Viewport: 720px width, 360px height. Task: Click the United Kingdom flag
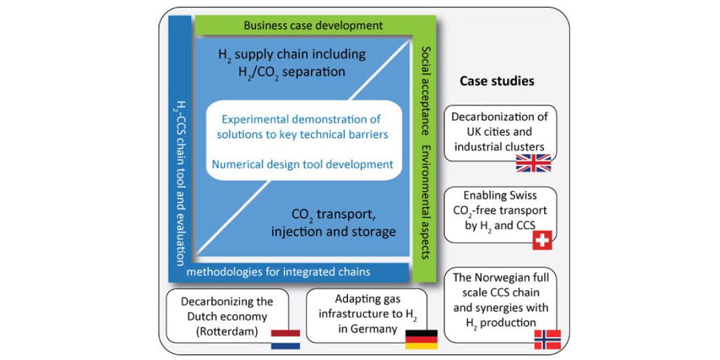pyautogui.click(x=533, y=163)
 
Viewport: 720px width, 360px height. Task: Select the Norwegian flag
pyautogui.click(x=547, y=339)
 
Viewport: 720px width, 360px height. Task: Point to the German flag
pyautogui.click(x=421, y=339)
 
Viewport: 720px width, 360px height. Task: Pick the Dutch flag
pyautogui.click(x=285, y=339)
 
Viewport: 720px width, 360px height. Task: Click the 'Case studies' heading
pyautogui.click(x=497, y=81)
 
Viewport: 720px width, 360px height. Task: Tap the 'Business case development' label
pyautogui.click(x=313, y=26)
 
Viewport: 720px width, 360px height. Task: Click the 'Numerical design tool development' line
pyautogui.click(x=303, y=164)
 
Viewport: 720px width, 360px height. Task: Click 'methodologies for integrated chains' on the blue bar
pyautogui.click(x=278, y=272)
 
